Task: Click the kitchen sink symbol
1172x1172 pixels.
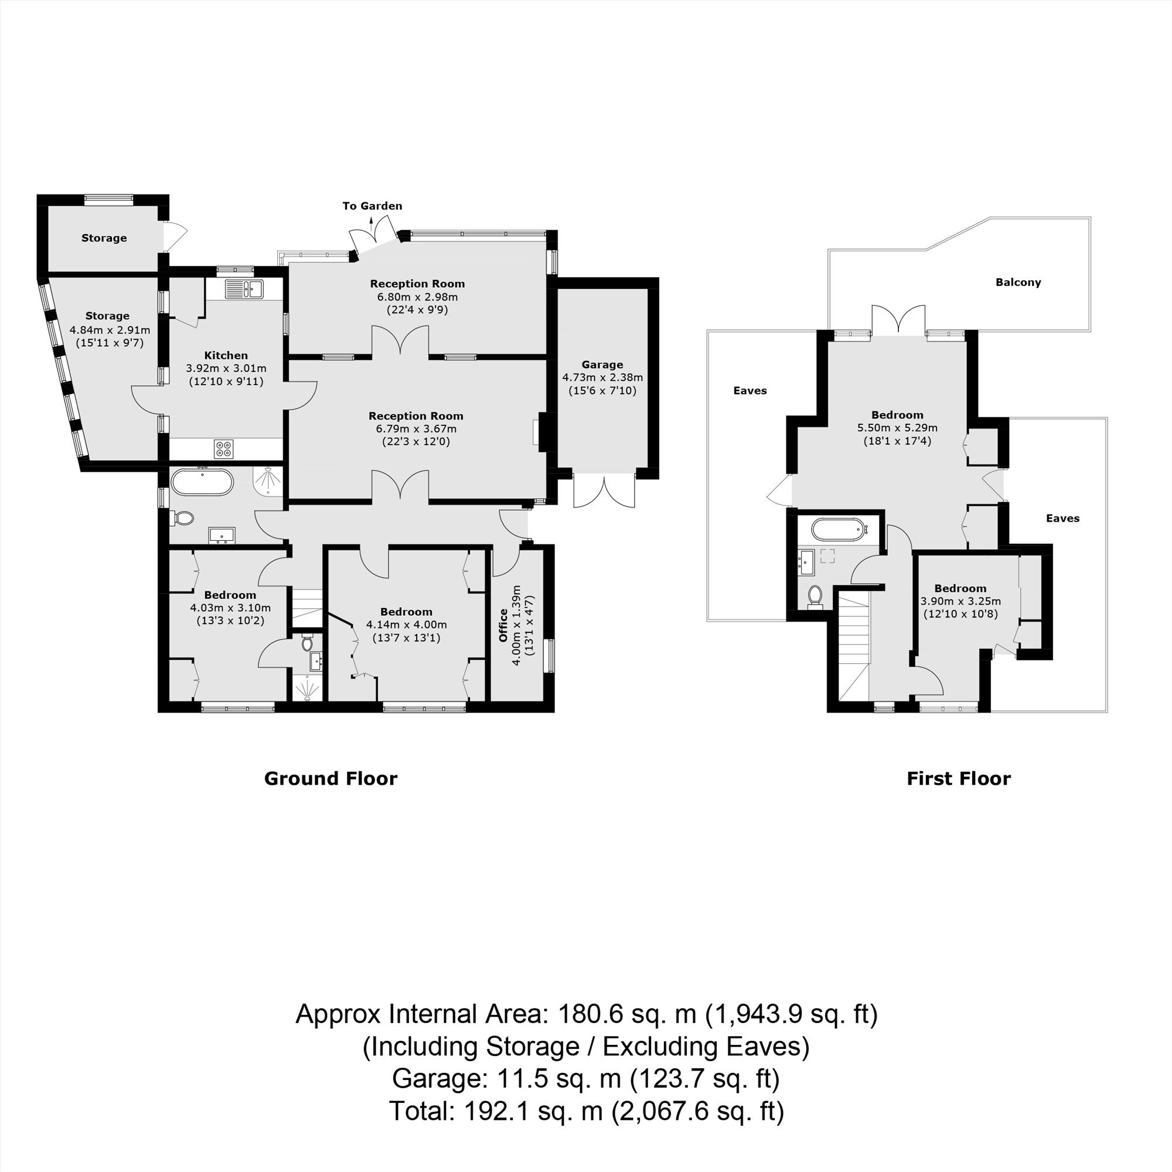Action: (x=243, y=289)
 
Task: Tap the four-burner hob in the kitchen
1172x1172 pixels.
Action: (x=223, y=449)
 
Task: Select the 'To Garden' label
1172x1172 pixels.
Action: (x=372, y=206)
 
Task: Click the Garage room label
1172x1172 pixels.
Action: (x=602, y=364)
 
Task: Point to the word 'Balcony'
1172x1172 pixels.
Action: (x=1018, y=282)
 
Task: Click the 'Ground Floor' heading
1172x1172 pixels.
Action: (x=331, y=778)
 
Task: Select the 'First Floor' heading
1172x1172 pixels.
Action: (x=959, y=778)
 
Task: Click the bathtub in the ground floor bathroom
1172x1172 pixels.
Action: (x=202, y=482)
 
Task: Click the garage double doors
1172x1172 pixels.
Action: (x=605, y=490)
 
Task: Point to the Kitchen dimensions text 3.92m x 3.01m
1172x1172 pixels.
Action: (x=226, y=368)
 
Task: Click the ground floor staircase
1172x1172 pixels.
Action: (x=307, y=607)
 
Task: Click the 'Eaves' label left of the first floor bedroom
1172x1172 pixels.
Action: (x=750, y=391)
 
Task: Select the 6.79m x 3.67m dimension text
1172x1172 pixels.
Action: (x=415, y=429)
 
